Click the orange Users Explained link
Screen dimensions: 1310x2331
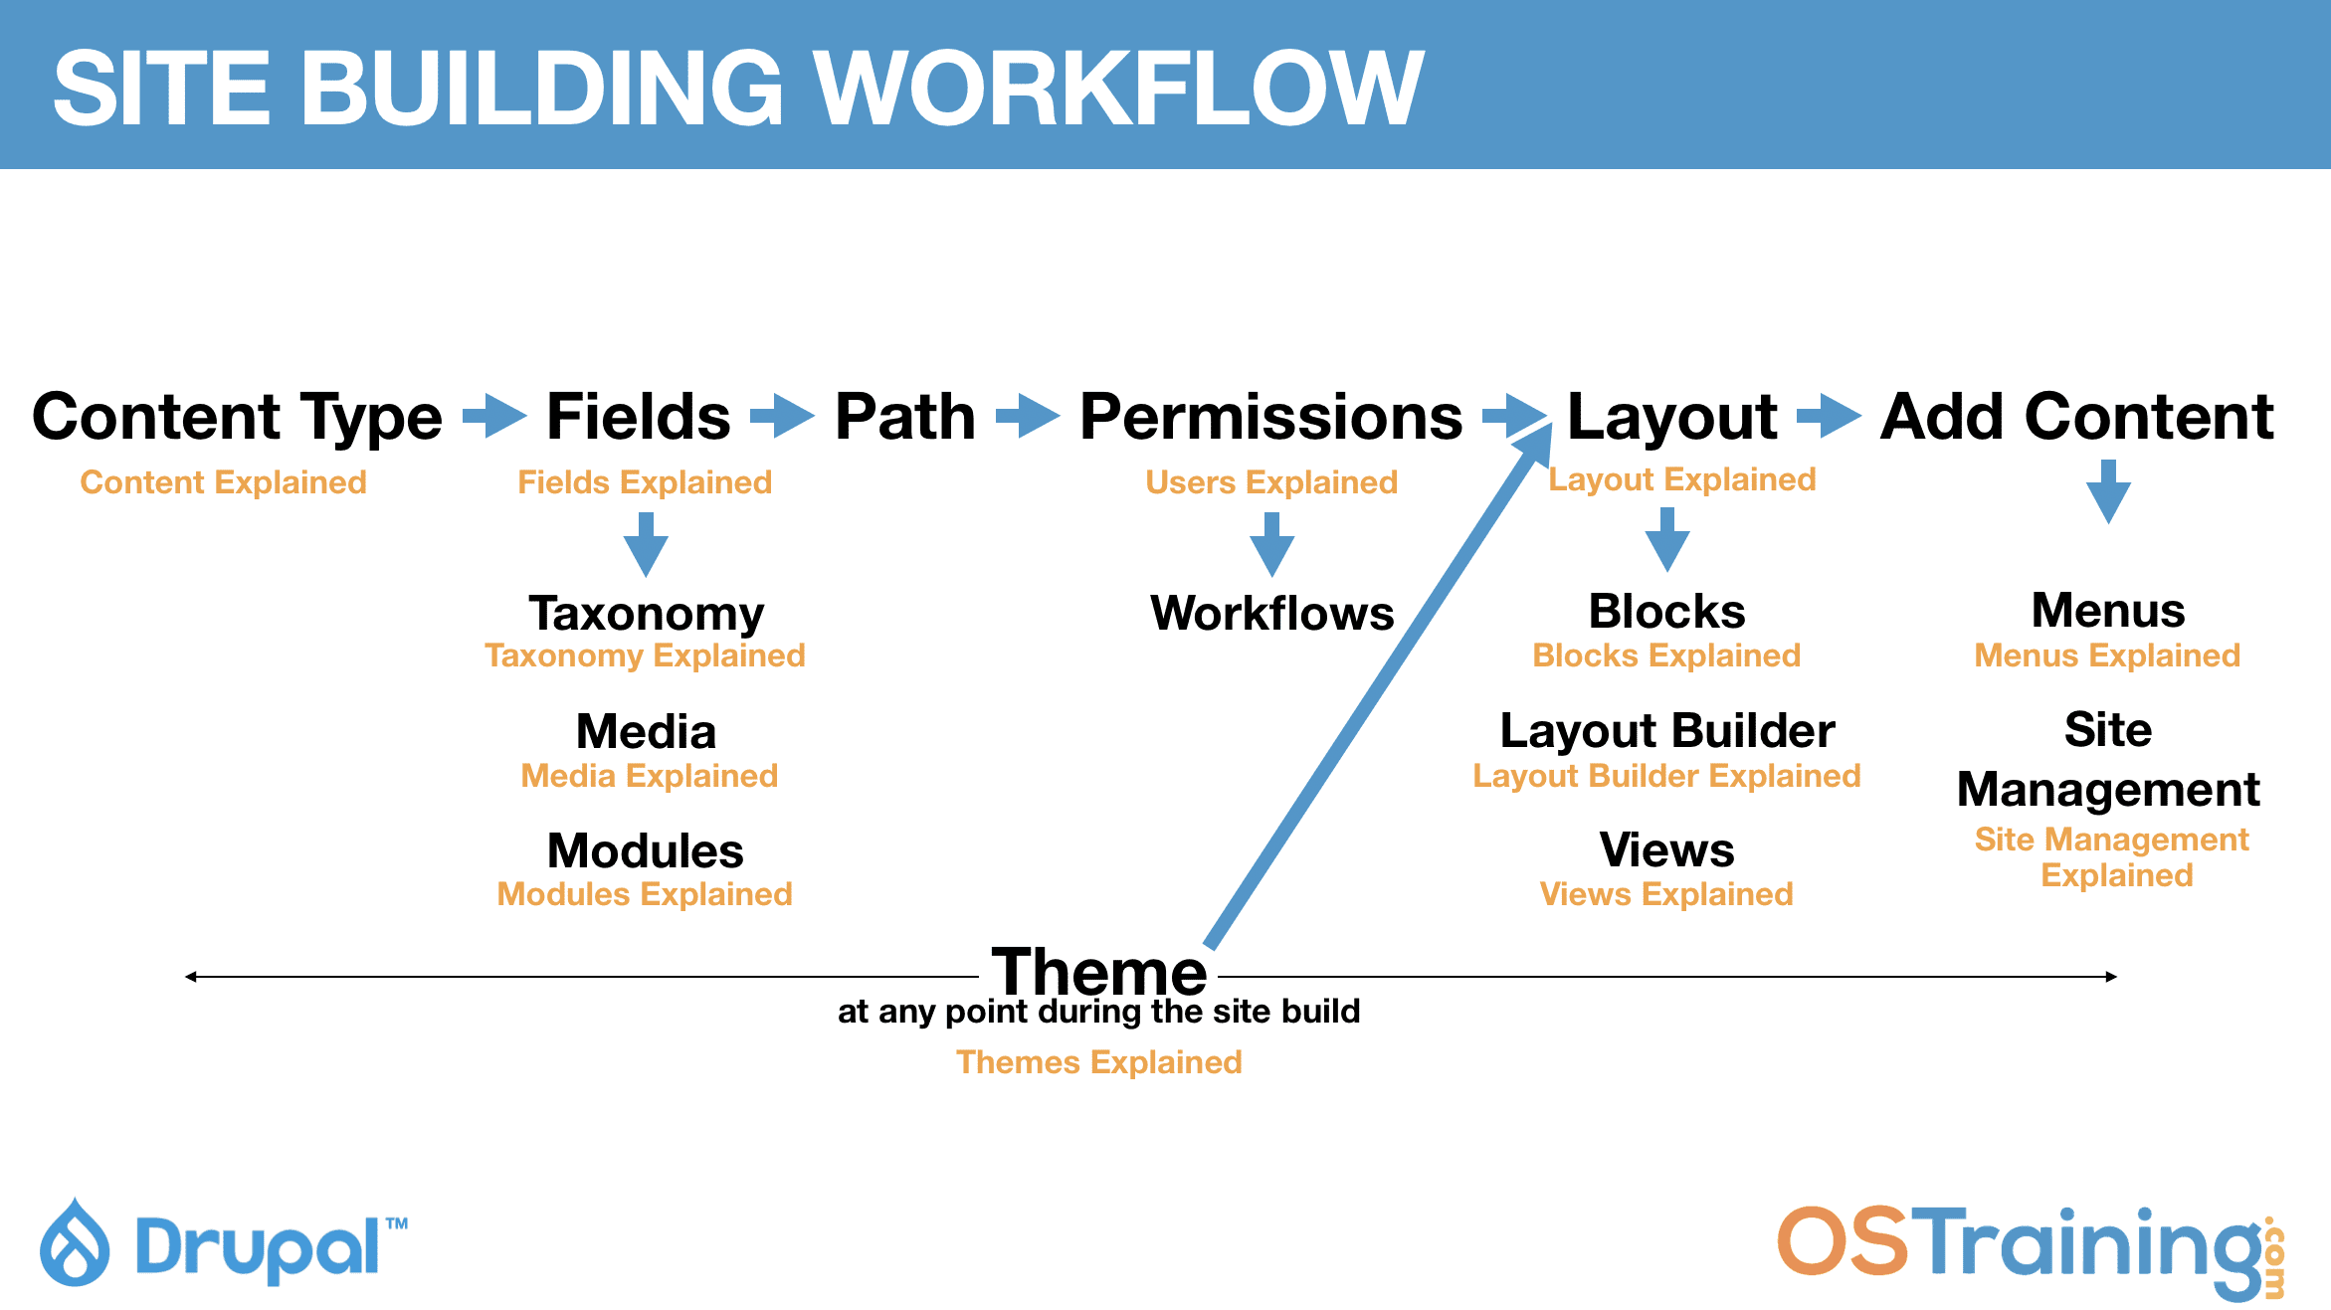(1270, 482)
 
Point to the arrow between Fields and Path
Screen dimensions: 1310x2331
(782, 415)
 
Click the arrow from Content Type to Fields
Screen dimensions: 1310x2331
(494, 415)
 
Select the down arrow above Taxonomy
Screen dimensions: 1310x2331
(646, 544)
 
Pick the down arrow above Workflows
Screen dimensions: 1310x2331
(1271, 544)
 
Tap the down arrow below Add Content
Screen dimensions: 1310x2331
(2108, 491)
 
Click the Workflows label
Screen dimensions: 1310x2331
(1271, 613)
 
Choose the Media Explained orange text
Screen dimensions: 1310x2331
(649, 776)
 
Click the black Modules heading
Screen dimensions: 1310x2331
(646, 850)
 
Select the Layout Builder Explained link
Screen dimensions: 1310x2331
(1666, 776)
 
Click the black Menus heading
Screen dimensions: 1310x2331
(2107, 610)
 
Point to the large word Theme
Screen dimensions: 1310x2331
(1098, 971)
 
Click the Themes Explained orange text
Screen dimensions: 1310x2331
(1098, 1062)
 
